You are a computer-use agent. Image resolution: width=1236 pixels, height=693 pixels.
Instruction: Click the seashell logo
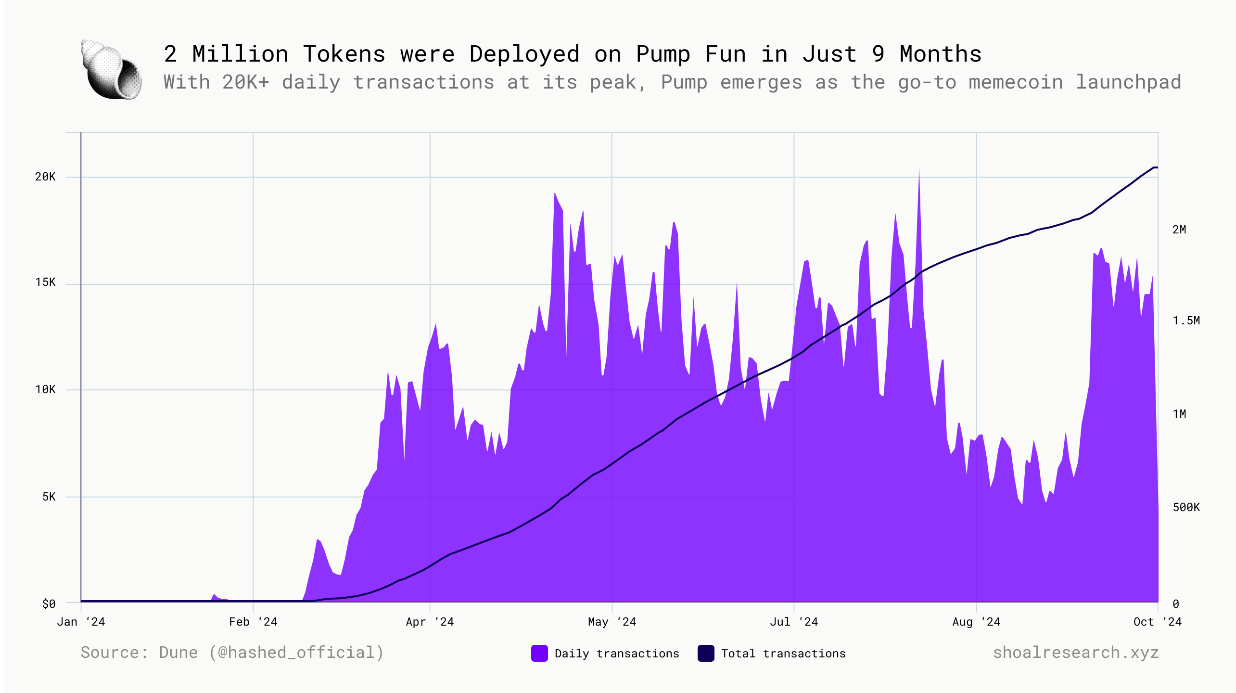click(112, 70)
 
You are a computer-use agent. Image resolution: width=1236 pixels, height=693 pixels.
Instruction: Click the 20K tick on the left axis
click(45, 177)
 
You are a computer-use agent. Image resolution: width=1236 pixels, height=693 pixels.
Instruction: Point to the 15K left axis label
click(45, 282)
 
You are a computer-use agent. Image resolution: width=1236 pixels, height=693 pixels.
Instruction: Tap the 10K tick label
click(45, 389)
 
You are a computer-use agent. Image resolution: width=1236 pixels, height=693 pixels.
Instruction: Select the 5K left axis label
click(49, 497)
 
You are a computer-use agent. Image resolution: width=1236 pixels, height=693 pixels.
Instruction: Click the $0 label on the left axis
click(49, 603)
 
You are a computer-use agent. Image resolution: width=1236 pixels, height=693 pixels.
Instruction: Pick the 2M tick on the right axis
click(1179, 230)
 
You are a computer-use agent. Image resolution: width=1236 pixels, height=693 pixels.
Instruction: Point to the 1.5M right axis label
click(1186, 321)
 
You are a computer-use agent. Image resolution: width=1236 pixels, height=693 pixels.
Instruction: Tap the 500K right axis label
click(1186, 507)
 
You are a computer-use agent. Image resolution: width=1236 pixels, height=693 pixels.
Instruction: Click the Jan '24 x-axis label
click(81, 622)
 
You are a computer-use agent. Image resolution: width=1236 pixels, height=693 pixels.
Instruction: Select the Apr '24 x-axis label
click(430, 622)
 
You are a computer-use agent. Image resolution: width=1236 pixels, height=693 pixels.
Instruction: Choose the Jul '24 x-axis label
click(794, 622)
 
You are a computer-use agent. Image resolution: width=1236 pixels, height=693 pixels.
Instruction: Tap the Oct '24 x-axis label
click(1157, 622)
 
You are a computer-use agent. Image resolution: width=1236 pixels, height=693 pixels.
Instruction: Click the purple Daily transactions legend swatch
click(539, 653)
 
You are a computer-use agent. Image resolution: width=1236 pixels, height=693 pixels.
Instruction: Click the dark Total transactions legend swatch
click(706, 653)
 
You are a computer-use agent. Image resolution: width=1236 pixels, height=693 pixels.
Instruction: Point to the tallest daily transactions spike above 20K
click(919, 171)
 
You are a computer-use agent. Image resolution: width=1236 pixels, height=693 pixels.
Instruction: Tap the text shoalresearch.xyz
click(1075, 653)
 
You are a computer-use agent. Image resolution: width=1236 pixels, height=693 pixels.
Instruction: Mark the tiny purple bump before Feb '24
click(215, 597)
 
